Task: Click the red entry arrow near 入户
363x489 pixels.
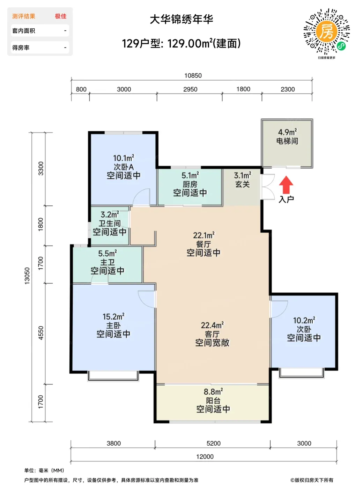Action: click(x=286, y=185)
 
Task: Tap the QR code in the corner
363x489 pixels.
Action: click(x=326, y=31)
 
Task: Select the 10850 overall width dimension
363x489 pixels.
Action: click(x=193, y=76)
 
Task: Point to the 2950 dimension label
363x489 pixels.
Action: click(x=190, y=89)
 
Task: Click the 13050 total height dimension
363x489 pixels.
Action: click(x=27, y=276)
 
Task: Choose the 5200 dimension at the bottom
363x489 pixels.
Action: click(x=213, y=443)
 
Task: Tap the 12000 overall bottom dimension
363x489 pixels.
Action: click(x=205, y=457)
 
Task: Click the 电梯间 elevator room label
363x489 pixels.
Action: click(x=287, y=141)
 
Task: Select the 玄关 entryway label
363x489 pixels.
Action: click(x=243, y=184)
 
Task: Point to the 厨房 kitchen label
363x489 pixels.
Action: click(x=190, y=184)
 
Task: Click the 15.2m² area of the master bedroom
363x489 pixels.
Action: click(x=113, y=316)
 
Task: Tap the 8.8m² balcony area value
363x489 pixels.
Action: click(x=213, y=392)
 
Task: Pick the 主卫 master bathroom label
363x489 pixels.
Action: click(x=108, y=262)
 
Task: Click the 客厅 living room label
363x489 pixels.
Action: click(x=212, y=334)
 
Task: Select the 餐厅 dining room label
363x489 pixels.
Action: click(x=203, y=244)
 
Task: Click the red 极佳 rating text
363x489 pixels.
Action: click(x=61, y=16)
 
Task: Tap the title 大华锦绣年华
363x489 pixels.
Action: click(x=181, y=20)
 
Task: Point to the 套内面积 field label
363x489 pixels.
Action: click(x=24, y=31)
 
